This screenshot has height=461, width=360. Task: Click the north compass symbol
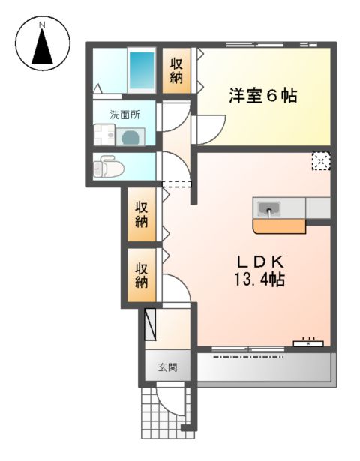click(x=43, y=46)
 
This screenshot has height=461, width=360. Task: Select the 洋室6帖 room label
click(x=262, y=96)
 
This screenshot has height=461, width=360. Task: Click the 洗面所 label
click(x=124, y=115)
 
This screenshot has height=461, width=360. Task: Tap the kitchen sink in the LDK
click(x=268, y=207)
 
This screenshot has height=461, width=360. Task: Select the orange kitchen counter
click(x=278, y=225)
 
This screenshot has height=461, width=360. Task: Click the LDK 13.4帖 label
click(x=259, y=271)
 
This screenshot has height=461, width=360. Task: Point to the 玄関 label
click(x=166, y=367)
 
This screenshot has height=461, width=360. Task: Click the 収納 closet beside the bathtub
click(x=176, y=71)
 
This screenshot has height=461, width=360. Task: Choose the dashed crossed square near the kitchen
click(x=320, y=161)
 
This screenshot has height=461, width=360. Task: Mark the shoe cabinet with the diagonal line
click(x=150, y=323)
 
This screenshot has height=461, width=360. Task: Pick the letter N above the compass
click(x=43, y=25)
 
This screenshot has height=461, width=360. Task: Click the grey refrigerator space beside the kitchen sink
click(x=317, y=208)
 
